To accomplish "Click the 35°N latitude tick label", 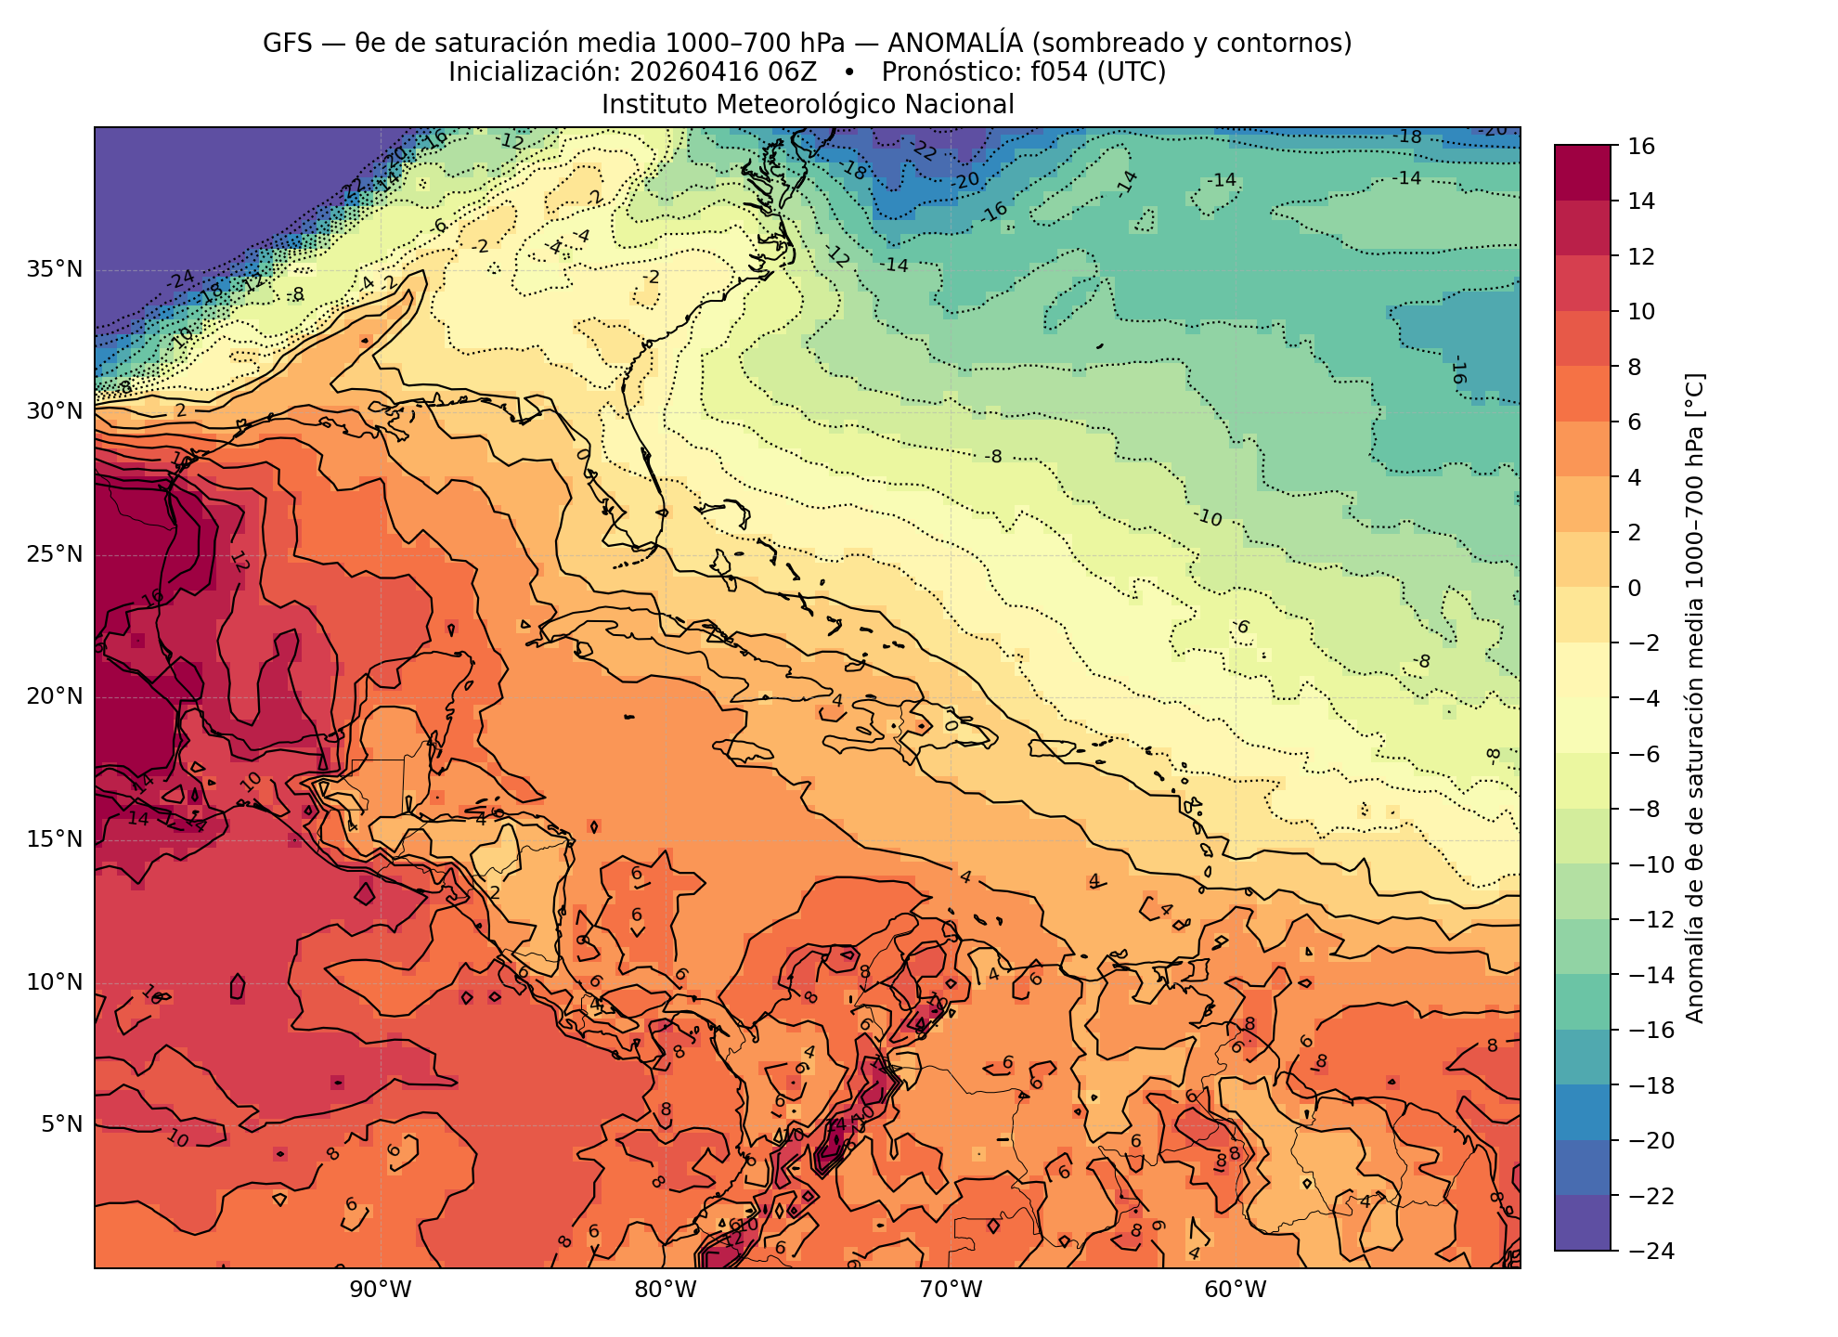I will click(54, 270).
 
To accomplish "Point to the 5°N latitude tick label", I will click(60, 1125).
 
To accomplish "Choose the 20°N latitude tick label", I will click(54, 697).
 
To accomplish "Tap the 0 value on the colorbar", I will click(1635, 588).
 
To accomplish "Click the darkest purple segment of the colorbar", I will click(1582, 1223).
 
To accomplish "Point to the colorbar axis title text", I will click(1694, 698).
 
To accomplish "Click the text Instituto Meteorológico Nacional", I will click(808, 104).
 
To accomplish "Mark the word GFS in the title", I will click(288, 44).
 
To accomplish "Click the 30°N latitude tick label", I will click(54, 412).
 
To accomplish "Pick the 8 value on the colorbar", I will click(1635, 367).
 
